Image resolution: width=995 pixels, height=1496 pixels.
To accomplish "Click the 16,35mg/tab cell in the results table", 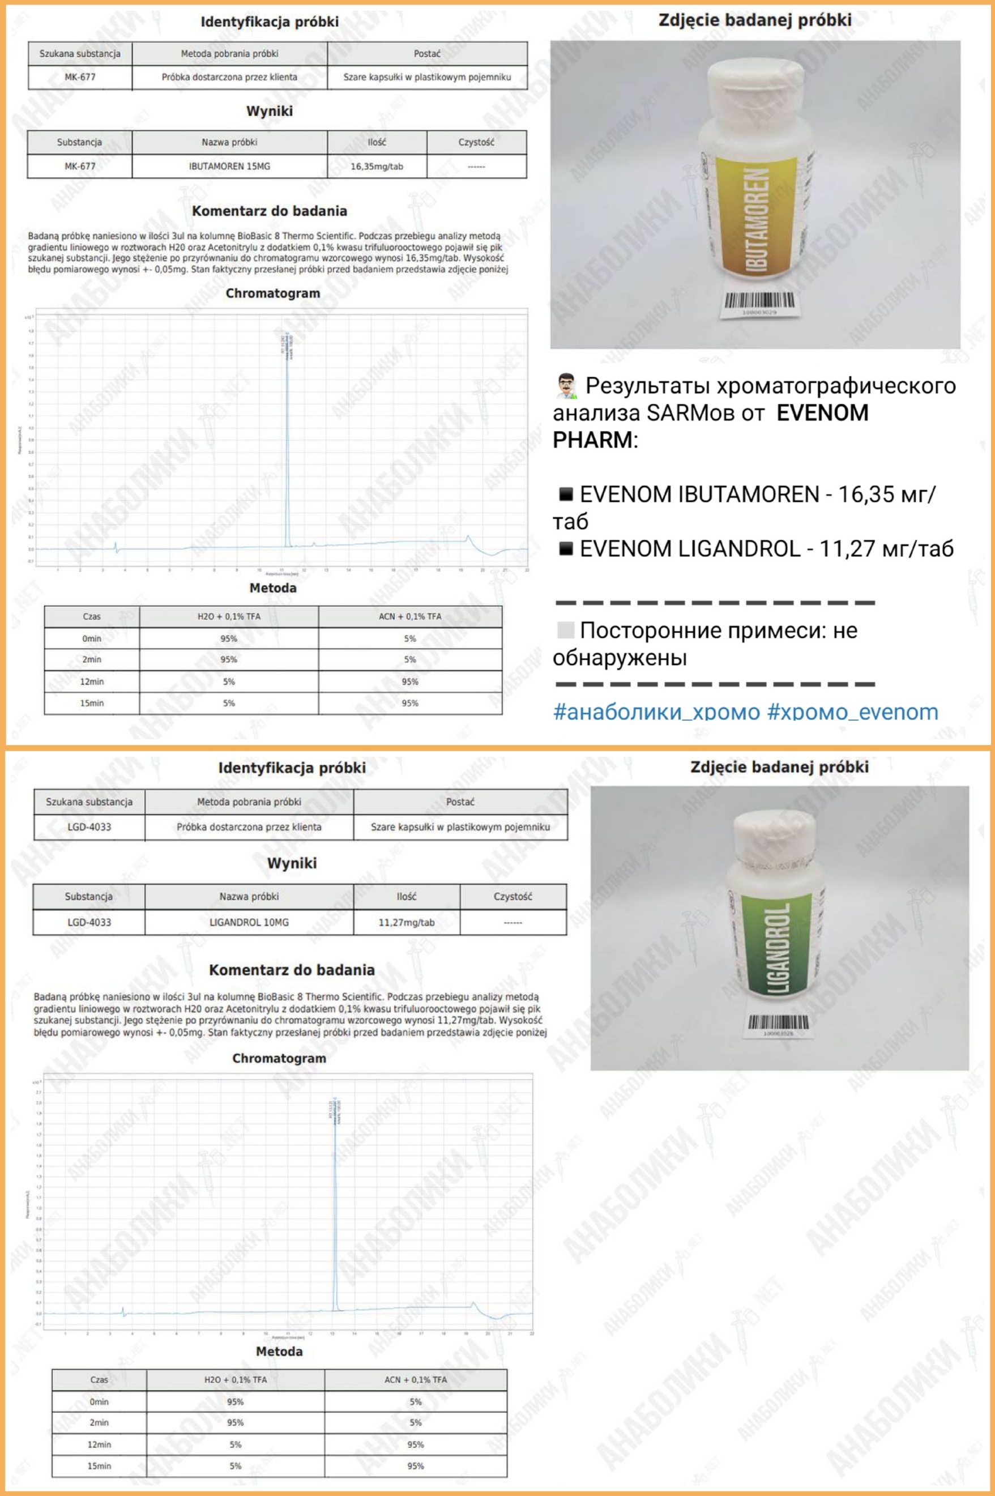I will pyautogui.click(x=377, y=167).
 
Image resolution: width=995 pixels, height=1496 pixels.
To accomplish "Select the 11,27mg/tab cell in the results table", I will pyautogui.click(x=406, y=922).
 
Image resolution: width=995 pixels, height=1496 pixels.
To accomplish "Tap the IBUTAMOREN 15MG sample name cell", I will pyautogui.click(x=229, y=167).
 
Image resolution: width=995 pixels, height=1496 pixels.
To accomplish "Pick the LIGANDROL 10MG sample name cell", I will pyautogui.click(x=249, y=922).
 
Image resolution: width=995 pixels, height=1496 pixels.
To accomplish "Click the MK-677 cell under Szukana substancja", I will pyautogui.click(x=80, y=78).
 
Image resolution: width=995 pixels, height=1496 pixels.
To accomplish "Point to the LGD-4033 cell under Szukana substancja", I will pyautogui.click(x=89, y=827).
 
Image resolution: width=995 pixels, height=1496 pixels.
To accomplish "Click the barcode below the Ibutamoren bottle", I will pyautogui.click(x=758, y=301).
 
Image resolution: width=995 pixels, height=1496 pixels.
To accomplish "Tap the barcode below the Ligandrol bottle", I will pyautogui.click(x=778, y=1022).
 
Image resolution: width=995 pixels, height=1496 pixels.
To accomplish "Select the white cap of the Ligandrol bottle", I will pyautogui.click(x=778, y=834).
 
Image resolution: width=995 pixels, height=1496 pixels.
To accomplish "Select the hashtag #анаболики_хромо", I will pyautogui.click(x=656, y=712).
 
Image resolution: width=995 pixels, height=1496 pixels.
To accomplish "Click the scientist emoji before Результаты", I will pyautogui.click(x=566, y=386).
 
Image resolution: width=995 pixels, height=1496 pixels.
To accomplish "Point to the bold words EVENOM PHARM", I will pyautogui.click(x=711, y=426).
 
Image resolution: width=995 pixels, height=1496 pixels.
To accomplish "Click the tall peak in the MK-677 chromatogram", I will pyautogui.click(x=287, y=444).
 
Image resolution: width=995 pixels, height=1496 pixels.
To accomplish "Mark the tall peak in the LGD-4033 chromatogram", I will pyautogui.click(x=335, y=1206).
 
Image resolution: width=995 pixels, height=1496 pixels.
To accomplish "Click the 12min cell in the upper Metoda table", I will pyautogui.click(x=92, y=681).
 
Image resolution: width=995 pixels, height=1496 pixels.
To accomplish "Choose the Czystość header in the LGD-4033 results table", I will pyautogui.click(x=513, y=896).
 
